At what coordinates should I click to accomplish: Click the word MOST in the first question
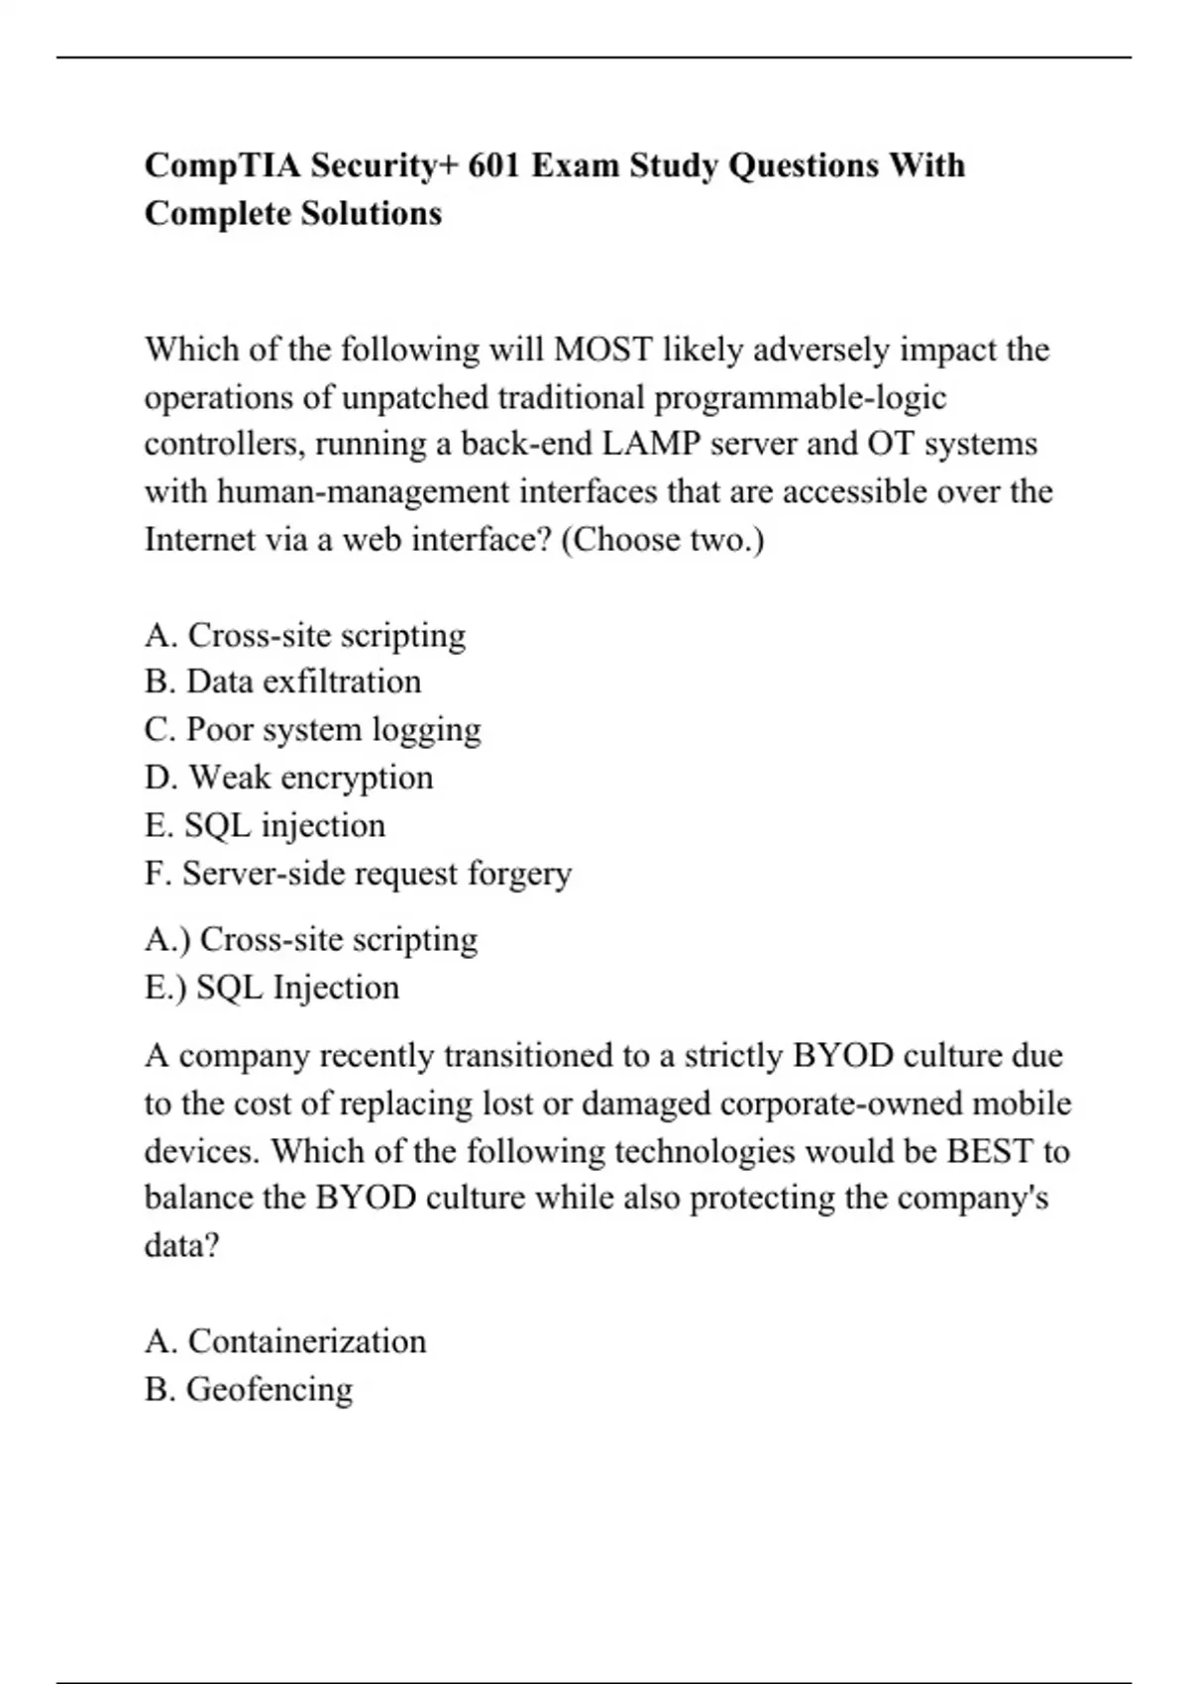coord(603,350)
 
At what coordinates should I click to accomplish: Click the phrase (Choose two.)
coord(663,540)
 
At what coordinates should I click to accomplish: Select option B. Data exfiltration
coord(282,683)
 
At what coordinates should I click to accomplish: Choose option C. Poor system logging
coord(312,730)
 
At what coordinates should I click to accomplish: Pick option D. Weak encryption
coord(288,778)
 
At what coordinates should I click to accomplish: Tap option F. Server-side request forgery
coord(358,874)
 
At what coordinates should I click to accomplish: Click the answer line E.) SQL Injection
coord(271,988)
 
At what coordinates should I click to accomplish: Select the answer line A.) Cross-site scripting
coord(310,939)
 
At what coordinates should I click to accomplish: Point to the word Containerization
coord(307,1341)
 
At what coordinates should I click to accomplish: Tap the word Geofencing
coord(270,1390)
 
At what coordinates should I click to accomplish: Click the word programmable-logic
coord(801,397)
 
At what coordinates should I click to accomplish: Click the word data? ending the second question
coord(181,1245)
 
